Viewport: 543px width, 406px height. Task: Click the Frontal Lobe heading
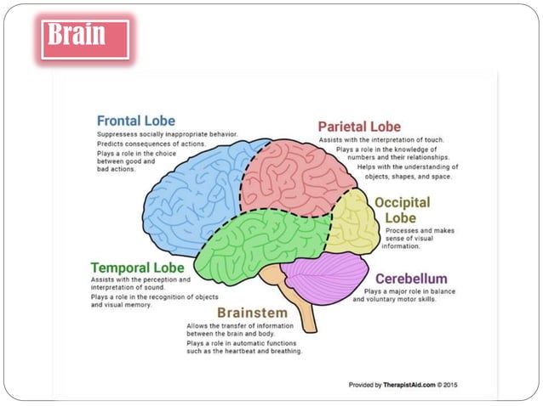tap(136, 121)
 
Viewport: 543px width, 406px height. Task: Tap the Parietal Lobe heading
tap(359, 127)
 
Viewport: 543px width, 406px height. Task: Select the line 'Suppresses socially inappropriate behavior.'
tap(166, 133)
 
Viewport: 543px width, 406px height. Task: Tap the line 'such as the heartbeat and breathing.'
tap(244, 351)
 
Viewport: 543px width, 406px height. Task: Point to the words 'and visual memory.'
tap(122, 305)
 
